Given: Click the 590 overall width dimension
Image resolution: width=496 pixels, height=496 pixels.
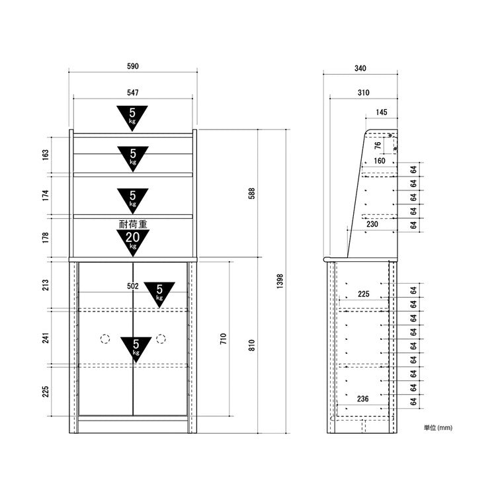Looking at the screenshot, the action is pos(133,66).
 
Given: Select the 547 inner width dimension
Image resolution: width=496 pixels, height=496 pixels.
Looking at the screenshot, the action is pos(133,93).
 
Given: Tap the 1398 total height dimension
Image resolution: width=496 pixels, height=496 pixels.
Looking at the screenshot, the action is pos(280,281).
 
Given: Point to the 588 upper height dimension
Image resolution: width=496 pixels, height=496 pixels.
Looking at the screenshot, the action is pos(252,193).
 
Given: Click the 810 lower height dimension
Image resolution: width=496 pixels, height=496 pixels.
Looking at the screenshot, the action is pos(252,345).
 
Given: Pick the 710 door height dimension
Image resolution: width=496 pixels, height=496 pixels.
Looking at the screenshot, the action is pos(224,339).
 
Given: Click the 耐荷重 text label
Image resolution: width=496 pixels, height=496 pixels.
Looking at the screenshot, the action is pos(133,224).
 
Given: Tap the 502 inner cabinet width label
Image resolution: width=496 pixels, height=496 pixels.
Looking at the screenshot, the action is pos(133,286).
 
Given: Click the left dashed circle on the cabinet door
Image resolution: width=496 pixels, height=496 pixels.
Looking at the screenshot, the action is pos(105,339).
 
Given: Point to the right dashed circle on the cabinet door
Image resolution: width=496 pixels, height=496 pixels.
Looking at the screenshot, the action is pos(161,339).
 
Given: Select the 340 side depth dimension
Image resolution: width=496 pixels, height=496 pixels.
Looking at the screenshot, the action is pos(360,68).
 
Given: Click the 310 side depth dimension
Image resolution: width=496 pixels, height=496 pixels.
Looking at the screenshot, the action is pos(364,93).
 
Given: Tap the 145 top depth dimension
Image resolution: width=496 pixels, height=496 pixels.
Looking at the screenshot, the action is pos(382,112).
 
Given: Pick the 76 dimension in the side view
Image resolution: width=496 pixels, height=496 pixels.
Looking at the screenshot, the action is pos(378,145).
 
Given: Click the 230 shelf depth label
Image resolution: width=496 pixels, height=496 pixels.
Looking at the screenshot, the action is pos(372,224).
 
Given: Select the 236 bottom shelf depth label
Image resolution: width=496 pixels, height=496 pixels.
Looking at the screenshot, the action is pos(363,399).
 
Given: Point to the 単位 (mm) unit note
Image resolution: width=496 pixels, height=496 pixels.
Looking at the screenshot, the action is pos(438,428).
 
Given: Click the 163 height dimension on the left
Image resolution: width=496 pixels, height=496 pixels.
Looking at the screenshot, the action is pos(46,155).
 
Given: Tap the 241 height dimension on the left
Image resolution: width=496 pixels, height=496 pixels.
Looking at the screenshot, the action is pos(46,338).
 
